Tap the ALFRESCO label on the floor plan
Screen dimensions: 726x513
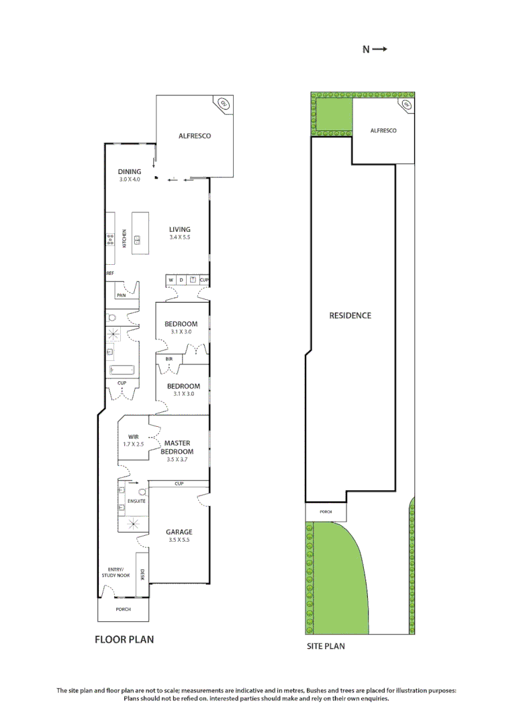[x=195, y=136]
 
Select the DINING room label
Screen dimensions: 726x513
[x=130, y=171]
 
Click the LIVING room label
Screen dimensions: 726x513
[x=179, y=229]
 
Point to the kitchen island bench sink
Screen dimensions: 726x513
[x=137, y=239]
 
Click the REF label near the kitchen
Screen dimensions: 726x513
[x=110, y=274]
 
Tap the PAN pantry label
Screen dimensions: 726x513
[x=122, y=295]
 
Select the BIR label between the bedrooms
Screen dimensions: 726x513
[x=169, y=360]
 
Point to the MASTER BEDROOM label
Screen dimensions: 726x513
[x=177, y=447]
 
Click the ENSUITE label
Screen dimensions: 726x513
[x=138, y=501]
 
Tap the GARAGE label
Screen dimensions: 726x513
[x=179, y=532]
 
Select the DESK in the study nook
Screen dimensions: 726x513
[x=142, y=575]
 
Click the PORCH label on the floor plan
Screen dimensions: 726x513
[x=123, y=610]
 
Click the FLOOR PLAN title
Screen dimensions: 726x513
[x=124, y=639]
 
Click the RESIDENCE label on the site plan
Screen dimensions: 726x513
[x=350, y=315]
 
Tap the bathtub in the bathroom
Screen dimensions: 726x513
[x=121, y=369]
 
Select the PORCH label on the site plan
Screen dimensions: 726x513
[x=326, y=512]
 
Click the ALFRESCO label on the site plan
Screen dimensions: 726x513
[x=383, y=130]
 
